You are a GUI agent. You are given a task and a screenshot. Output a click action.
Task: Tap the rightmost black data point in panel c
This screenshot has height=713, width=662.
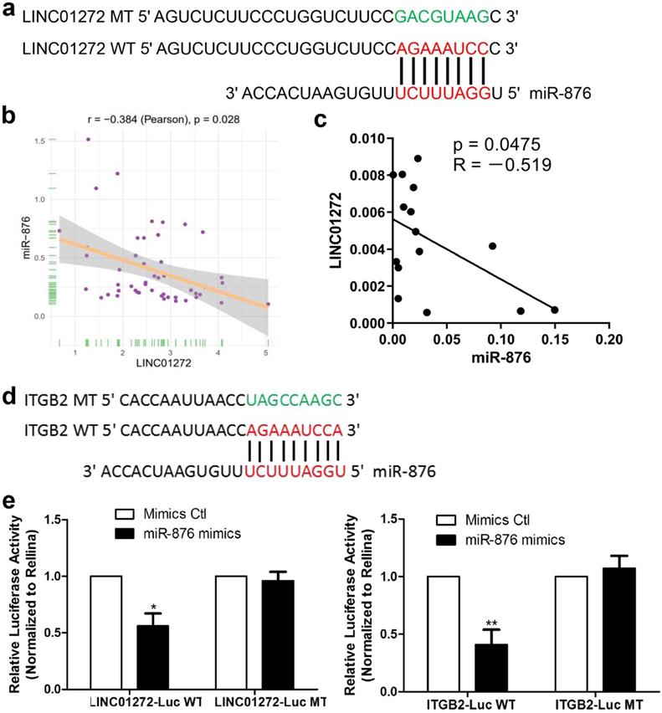click(x=555, y=310)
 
